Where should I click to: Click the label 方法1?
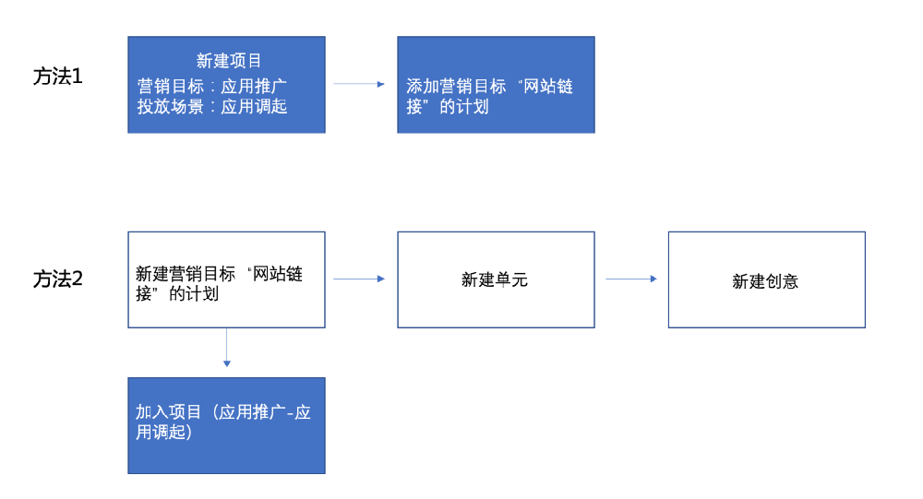point(58,77)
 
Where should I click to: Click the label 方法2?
point(58,279)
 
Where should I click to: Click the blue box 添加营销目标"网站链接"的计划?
point(496,85)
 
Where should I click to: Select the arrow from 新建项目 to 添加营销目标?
point(358,84)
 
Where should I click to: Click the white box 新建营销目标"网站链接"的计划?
point(226,279)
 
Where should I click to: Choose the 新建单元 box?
point(496,279)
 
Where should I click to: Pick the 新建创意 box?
point(766,279)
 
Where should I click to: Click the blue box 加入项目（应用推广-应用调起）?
point(226,425)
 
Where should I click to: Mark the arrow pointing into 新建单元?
point(358,279)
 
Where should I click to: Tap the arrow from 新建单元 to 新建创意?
point(630,279)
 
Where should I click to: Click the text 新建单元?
point(495,280)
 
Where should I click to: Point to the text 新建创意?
point(765,281)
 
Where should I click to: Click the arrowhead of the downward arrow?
point(226,364)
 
